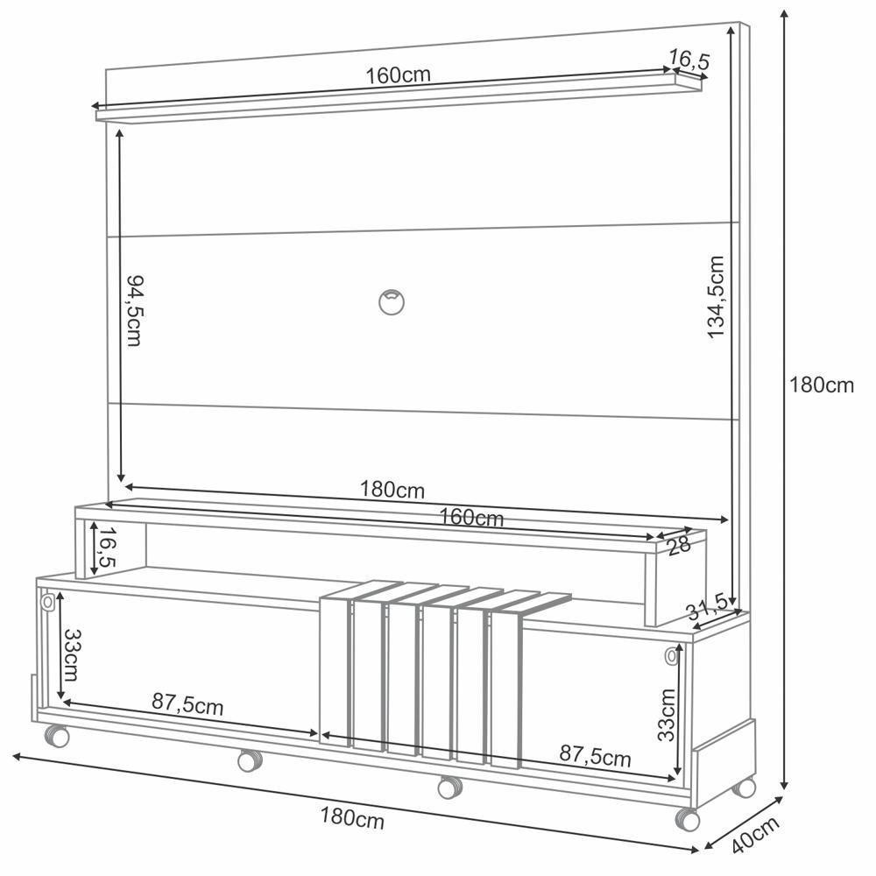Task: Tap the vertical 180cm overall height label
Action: click(x=821, y=385)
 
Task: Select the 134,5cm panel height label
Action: click(x=717, y=298)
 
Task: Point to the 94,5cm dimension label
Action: click(x=134, y=310)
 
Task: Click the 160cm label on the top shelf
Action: click(x=399, y=75)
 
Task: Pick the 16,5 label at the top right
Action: click(x=689, y=60)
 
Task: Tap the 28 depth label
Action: click(x=678, y=545)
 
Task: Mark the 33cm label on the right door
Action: click(x=668, y=715)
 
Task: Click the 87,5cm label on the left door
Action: click(x=187, y=703)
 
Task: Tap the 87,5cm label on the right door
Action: click(x=595, y=755)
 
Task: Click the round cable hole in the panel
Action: click(x=392, y=300)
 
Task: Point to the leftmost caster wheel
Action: click(x=57, y=736)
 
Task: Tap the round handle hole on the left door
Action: click(x=48, y=604)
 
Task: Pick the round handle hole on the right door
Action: click(x=671, y=655)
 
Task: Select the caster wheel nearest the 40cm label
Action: click(x=689, y=819)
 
